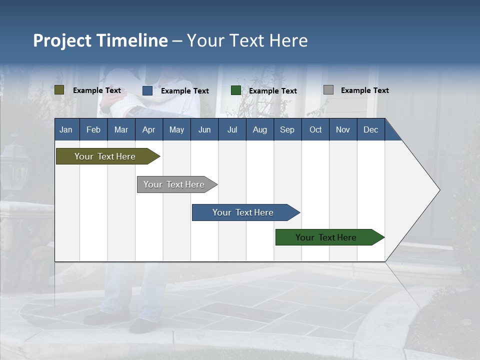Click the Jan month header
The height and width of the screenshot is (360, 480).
(66, 130)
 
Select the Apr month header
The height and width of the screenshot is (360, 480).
(148, 130)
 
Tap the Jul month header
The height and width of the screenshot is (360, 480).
(232, 130)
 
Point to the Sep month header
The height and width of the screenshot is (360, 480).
(287, 130)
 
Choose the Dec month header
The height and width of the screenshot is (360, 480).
(370, 130)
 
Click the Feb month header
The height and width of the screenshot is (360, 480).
(93, 130)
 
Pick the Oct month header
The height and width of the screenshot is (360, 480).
(315, 130)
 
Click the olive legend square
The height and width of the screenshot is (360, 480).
(59, 90)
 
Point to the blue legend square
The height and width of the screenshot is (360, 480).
(147, 90)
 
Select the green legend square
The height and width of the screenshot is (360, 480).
(236, 90)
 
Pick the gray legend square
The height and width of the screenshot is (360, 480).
(328, 90)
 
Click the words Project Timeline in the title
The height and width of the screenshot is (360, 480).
(100, 40)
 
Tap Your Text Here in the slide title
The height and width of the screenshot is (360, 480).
(247, 40)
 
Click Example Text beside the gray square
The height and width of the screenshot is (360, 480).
(364, 90)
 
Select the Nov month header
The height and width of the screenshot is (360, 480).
(343, 130)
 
